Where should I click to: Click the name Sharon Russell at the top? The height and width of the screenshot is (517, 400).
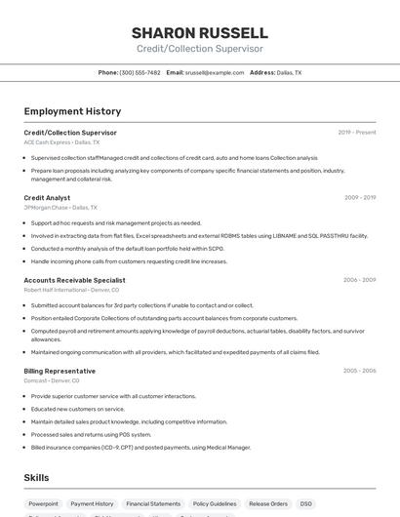click(x=199, y=32)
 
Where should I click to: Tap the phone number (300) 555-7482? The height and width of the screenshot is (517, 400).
click(x=140, y=72)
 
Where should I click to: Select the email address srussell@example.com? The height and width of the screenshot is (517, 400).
click(x=215, y=72)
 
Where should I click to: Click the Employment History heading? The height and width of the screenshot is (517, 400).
click(x=72, y=111)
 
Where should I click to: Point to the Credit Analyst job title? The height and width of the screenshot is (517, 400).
click(x=47, y=198)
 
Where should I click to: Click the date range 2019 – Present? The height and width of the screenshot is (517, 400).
click(x=357, y=132)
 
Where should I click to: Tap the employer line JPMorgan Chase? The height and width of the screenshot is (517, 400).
click(x=60, y=208)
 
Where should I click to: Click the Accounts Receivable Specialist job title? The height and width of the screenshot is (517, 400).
click(x=74, y=280)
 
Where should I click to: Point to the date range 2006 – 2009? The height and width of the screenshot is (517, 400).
click(x=359, y=280)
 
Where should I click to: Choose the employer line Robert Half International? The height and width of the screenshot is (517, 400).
click(x=71, y=290)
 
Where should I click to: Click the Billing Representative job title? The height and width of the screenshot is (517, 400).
click(x=60, y=371)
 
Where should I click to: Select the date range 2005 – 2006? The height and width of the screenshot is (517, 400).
click(x=359, y=371)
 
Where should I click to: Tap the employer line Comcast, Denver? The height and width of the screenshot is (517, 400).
click(x=53, y=380)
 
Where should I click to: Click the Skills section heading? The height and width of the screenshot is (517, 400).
click(x=36, y=478)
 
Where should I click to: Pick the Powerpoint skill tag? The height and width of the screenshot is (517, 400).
click(x=44, y=503)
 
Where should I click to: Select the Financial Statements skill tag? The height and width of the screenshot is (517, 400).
click(x=153, y=503)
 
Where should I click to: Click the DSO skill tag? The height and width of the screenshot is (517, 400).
click(x=306, y=503)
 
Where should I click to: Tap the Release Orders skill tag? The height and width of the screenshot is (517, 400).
click(x=268, y=503)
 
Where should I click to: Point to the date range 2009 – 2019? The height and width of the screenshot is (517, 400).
click(x=359, y=198)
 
